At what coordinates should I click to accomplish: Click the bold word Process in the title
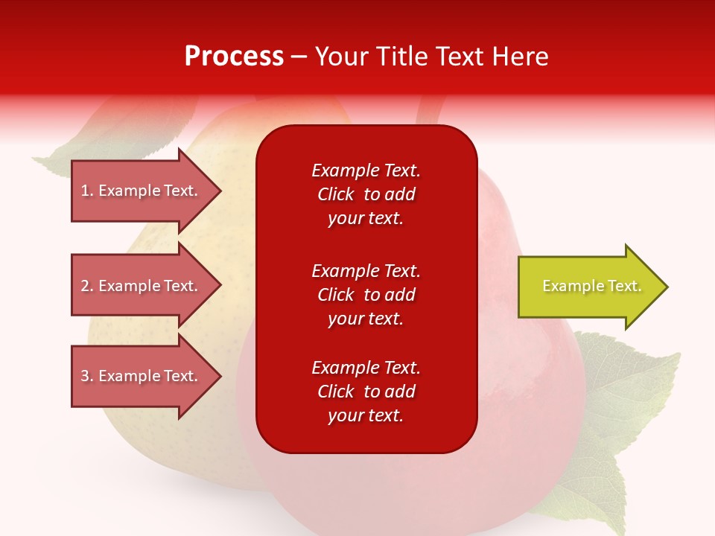(x=234, y=57)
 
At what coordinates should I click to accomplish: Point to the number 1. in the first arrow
(x=87, y=191)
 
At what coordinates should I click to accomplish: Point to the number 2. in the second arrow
(x=87, y=286)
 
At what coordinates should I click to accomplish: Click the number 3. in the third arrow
(x=87, y=376)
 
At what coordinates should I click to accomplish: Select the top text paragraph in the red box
(x=366, y=194)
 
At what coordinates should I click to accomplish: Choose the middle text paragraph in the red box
(x=366, y=295)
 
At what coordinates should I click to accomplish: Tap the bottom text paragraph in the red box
(x=366, y=392)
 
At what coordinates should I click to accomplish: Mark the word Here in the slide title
(x=521, y=57)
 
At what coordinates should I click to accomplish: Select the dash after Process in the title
(x=299, y=57)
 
